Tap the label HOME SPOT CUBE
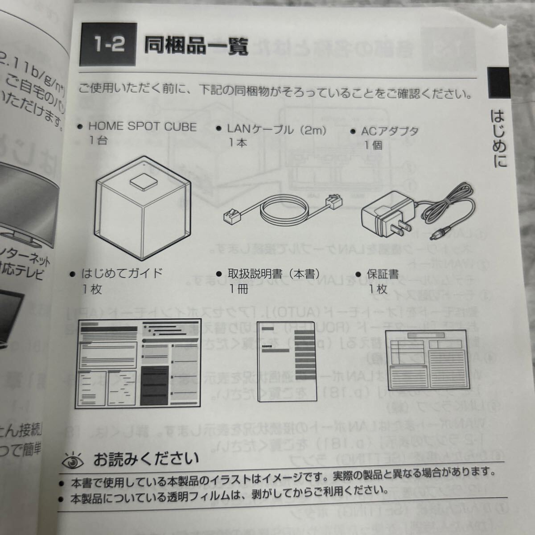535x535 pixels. coord(142,127)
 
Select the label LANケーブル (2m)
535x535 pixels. coord(276,130)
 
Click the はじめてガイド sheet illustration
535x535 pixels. coord(139,363)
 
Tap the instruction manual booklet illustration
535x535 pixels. coord(287,362)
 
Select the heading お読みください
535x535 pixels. coord(146,458)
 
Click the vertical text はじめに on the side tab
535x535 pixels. coord(498,139)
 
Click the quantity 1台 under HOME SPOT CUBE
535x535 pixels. coord(98,141)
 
